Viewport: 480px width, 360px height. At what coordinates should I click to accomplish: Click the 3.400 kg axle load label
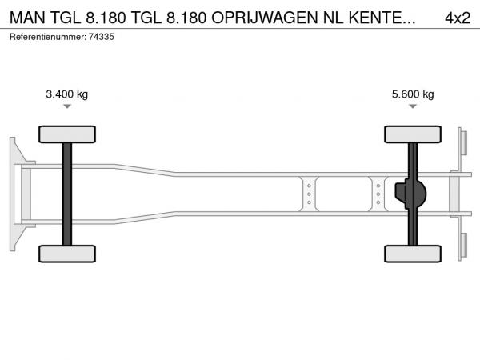[66, 94]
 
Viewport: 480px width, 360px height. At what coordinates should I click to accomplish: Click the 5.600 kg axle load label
[413, 94]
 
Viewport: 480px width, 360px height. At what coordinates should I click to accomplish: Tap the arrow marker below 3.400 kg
[67, 106]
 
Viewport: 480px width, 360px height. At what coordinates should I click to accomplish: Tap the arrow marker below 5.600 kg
[413, 106]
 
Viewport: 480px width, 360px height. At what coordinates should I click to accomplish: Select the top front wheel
[67, 134]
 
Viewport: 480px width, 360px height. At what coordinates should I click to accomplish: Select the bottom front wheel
[67, 254]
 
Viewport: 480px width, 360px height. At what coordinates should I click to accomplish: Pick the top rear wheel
[413, 134]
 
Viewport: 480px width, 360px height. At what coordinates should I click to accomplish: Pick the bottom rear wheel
[413, 254]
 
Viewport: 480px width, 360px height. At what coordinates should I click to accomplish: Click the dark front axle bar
[67, 194]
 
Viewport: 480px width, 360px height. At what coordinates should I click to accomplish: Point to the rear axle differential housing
[410, 194]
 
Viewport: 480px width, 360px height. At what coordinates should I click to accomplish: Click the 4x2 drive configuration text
[458, 18]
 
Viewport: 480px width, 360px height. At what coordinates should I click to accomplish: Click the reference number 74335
[102, 37]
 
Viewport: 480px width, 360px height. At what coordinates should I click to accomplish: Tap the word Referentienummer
[48, 37]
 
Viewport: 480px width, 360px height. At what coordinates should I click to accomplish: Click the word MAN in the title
[27, 18]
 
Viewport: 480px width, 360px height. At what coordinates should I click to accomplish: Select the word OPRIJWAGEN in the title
[265, 18]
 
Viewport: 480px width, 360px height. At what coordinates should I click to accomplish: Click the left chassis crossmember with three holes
[309, 194]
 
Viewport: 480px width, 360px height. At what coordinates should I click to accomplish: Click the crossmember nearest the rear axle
[378, 194]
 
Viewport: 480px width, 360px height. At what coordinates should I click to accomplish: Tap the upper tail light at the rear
[463, 143]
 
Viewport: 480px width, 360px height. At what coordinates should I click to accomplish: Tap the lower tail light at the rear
[463, 246]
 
